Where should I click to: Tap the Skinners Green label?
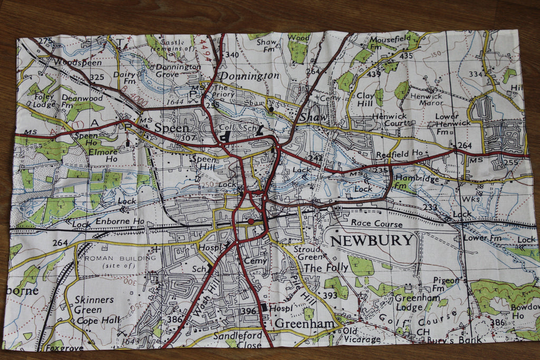point(94,305)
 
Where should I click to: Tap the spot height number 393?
point(330,296)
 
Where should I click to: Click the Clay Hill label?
point(365,101)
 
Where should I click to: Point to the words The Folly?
point(326,268)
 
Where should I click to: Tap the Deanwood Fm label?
point(82,101)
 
